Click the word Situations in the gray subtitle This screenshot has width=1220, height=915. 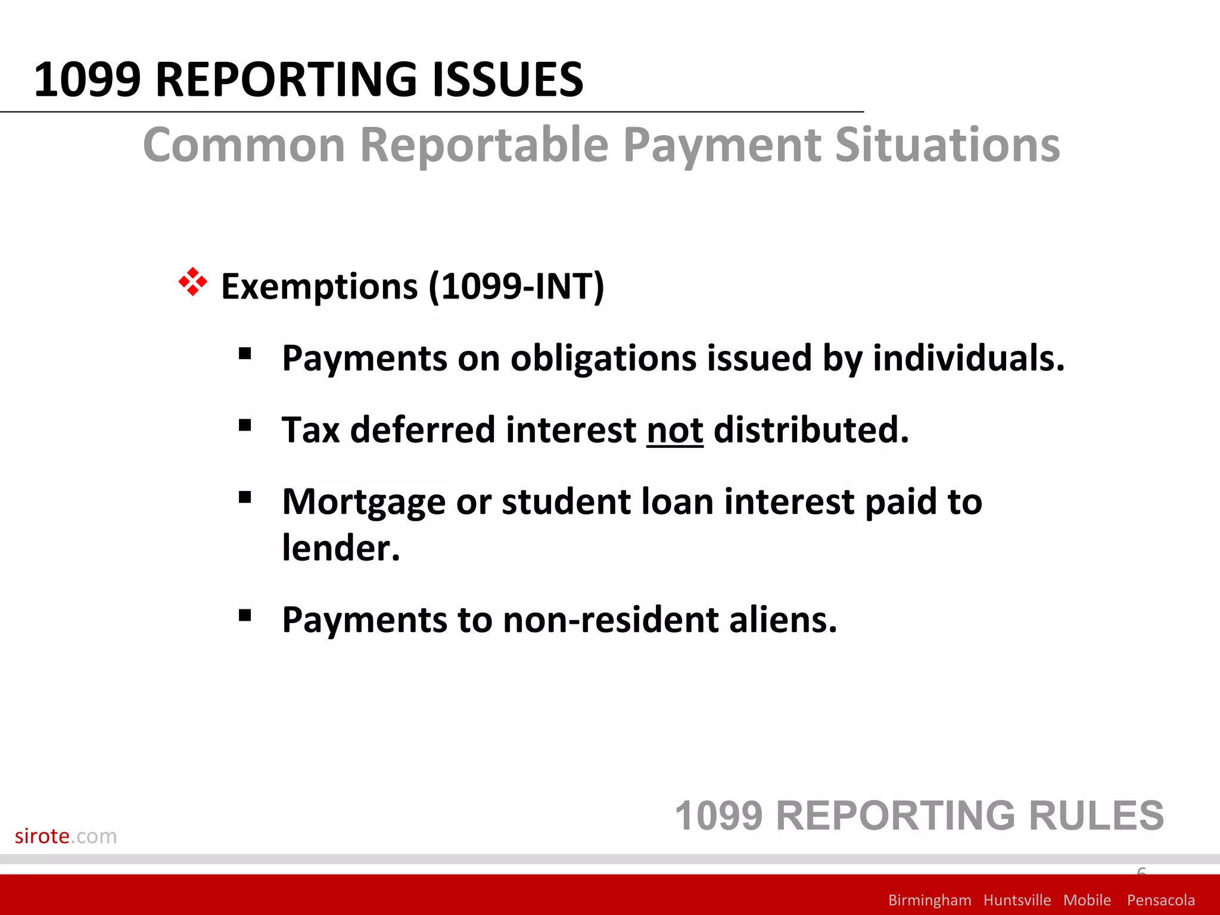click(947, 145)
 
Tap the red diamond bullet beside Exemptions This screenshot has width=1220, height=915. click(193, 282)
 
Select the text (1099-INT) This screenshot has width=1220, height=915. click(516, 287)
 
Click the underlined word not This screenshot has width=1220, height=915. click(675, 430)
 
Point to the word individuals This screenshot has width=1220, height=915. click(968, 359)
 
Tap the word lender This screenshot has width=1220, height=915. click(340, 547)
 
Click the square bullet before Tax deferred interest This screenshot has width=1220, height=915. click(245, 425)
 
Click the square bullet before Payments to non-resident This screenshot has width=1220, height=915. click(245, 615)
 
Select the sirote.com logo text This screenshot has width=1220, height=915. click(66, 836)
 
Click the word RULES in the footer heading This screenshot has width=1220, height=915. click(1095, 816)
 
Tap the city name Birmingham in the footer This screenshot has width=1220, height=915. click(929, 900)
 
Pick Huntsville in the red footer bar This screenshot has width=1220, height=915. click(1017, 900)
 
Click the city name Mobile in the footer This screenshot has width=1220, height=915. click(1087, 900)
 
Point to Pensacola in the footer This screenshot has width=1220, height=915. click(1160, 900)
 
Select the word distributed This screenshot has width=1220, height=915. click(811, 430)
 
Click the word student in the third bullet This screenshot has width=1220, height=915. click(565, 502)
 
